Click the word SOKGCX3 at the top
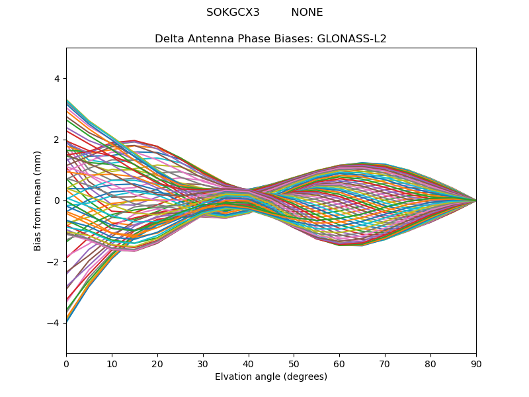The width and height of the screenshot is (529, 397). point(233,13)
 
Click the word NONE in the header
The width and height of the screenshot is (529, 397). point(307,13)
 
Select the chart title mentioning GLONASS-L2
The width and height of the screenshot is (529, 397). point(270,38)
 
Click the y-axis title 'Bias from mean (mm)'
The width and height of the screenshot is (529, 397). point(38,200)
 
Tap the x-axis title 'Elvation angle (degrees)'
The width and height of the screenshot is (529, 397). point(270,377)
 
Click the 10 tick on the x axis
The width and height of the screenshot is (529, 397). point(112,363)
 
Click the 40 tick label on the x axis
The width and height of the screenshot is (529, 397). point(248,363)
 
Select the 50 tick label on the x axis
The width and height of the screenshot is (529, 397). point(294,363)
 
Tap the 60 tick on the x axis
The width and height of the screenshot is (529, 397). point(339,363)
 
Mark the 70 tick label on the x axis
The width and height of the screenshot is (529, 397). point(385,363)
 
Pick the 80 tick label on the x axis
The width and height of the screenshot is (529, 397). point(430,363)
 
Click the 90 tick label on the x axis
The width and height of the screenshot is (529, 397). point(476,363)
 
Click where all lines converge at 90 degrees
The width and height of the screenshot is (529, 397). point(475,200)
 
